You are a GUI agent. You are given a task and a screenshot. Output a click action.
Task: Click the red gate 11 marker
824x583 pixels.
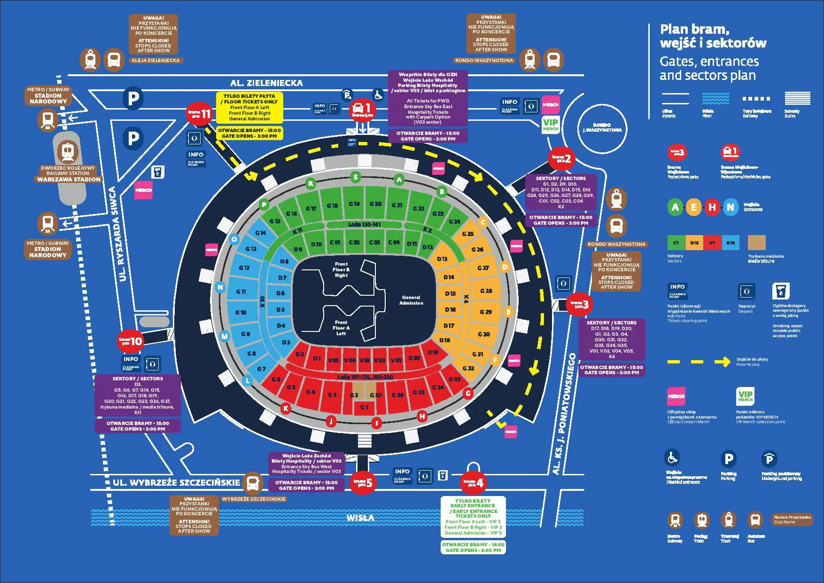click(x=199, y=113)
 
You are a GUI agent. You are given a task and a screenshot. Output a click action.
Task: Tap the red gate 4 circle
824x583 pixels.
click(x=474, y=482)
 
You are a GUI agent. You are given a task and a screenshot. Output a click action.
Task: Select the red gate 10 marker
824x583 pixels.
click(x=130, y=341)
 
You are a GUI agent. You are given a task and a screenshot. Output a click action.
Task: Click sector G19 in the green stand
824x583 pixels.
click(x=354, y=204)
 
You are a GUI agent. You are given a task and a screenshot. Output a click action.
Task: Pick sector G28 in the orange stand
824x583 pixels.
click(x=486, y=291)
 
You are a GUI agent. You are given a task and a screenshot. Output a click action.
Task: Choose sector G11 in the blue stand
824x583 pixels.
click(x=241, y=291)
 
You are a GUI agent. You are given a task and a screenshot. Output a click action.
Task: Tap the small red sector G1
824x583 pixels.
click(x=364, y=407)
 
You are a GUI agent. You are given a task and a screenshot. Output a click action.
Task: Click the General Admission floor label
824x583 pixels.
click(x=411, y=300)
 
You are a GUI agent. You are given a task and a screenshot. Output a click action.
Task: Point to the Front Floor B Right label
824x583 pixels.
click(x=341, y=270)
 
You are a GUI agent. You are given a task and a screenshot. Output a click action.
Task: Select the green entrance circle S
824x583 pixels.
click(x=356, y=177)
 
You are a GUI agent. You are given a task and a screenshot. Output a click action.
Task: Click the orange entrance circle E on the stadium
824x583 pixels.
click(x=508, y=312)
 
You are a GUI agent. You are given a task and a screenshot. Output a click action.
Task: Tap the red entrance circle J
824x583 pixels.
click(x=331, y=421)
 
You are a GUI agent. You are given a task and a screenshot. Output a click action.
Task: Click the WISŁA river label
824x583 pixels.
click(x=360, y=518)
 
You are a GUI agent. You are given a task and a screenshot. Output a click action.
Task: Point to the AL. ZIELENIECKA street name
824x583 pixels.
click(x=266, y=83)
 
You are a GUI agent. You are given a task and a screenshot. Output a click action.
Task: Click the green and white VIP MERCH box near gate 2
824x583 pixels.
click(x=551, y=125)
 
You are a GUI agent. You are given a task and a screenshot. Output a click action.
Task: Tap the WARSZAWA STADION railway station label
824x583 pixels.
click(x=69, y=179)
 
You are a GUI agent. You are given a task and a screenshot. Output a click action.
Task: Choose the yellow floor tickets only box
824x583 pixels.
click(x=249, y=108)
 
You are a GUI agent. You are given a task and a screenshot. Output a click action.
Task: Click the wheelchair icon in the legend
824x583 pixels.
click(x=672, y=457)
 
